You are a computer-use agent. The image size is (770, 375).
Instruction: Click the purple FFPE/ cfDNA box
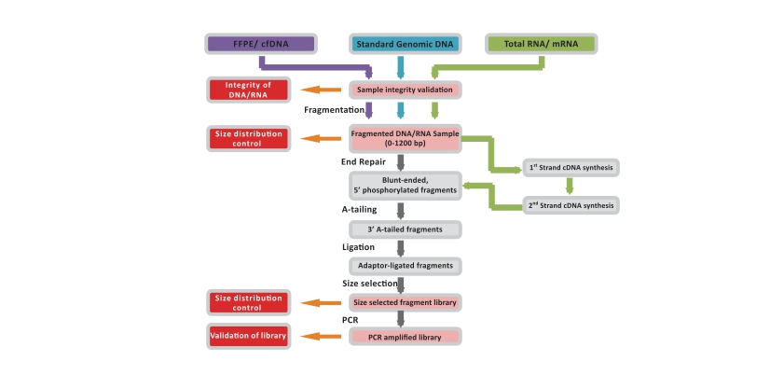261,43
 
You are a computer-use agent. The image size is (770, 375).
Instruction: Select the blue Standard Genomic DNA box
400,43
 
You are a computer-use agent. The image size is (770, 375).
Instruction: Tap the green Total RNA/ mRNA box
542,43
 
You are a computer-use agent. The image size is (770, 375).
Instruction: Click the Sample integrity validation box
406,90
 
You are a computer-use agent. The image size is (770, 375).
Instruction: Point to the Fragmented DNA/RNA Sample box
406,138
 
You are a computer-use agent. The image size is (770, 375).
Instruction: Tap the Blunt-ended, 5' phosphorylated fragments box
405,185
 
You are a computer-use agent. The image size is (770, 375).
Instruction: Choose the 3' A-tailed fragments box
406,229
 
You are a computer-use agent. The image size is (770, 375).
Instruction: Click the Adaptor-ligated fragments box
406,266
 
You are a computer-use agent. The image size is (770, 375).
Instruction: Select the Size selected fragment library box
406,302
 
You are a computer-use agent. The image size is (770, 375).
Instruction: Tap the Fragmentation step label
334,110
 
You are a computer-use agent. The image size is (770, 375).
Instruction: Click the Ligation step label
358,247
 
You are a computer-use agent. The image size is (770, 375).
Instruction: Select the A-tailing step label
359,210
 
